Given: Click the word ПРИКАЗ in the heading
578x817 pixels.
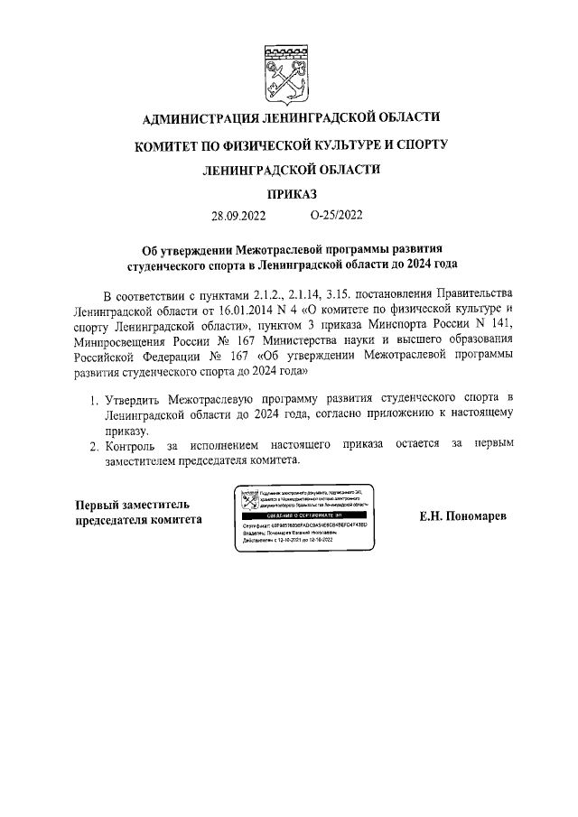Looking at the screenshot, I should [x=290, y=193].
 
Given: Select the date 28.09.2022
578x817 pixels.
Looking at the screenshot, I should [x=238, y=216].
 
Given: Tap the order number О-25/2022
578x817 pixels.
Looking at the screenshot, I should [x=335, y=216].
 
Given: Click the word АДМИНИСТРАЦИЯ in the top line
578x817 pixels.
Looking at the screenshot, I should [x=204, y=118].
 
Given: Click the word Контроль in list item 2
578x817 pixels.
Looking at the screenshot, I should [x=133, y=444].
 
